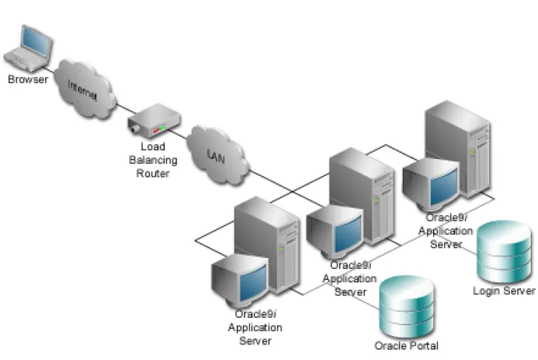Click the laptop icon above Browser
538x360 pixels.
tap(29, 48)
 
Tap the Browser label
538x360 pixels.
tap(28, 80)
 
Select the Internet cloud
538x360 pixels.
tap(85, 89)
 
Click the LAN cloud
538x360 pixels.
tap(217, 155)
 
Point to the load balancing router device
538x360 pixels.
tap(154, 120)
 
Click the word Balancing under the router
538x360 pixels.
tap(153, 160)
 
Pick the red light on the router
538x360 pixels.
tap(156, 131)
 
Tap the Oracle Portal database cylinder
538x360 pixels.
tap(406, 307)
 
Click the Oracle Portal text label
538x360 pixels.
tap(406, 346)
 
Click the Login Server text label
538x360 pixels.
tap(504, 291)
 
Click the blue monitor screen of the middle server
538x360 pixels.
tap(348, 234)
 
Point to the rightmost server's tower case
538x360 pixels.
tap(458, 149)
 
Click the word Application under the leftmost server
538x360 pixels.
tap(255, 328)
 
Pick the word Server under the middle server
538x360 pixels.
tap(350, 292)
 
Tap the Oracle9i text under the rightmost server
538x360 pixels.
tap(446, 217)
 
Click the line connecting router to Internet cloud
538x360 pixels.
tap(126, 108)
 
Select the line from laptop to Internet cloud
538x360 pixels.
tap(49, 69)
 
